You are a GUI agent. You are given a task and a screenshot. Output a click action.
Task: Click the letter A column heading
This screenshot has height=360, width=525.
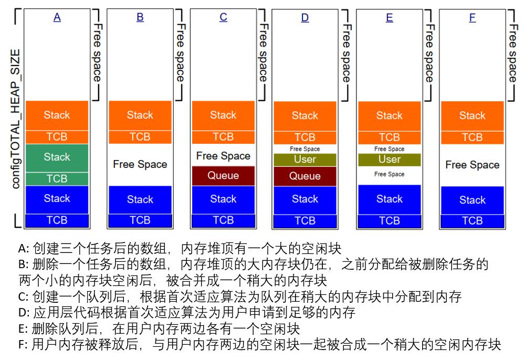[x=57, y=17]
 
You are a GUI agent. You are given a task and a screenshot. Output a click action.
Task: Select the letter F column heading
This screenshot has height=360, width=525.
[x=472, y=18]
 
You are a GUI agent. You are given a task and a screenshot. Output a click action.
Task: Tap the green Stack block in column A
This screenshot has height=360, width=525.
[x=57, y=157]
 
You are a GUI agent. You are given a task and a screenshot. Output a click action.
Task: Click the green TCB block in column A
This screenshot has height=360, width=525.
[x=57, y=178]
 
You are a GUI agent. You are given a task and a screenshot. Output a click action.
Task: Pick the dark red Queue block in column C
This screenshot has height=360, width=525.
[x=223, y=176]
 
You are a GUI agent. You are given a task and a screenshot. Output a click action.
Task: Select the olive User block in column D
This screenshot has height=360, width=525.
[x=304, y=159]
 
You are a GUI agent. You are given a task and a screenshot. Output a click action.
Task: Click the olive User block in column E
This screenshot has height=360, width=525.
[x=389, y=159]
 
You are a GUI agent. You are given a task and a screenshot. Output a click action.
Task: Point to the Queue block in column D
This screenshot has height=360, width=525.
[x=304, y=176]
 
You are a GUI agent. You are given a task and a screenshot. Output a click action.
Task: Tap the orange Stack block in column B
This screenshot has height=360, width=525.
[x=140, y=115]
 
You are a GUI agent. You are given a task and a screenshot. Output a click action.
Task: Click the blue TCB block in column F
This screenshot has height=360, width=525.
[x=472, y=221]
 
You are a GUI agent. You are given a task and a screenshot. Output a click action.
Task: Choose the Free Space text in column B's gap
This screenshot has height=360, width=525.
[x=140, y=164]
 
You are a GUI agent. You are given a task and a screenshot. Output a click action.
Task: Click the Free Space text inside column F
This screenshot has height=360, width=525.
[x=472, y=165]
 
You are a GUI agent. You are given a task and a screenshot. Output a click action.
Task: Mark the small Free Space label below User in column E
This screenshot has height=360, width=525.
[x=389, y=174]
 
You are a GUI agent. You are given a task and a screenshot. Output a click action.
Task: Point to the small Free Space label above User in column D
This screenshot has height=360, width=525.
[x=304, y=149]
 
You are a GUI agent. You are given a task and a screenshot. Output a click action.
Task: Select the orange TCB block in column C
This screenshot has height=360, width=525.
[x=223, y=137]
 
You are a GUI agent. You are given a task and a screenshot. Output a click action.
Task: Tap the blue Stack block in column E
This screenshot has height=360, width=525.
[x=389, y=199]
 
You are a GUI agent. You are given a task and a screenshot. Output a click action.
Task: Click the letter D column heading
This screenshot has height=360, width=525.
[x=304, y=18]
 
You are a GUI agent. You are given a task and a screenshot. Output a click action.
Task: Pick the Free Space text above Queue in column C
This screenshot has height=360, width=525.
[x=223, y=156]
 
